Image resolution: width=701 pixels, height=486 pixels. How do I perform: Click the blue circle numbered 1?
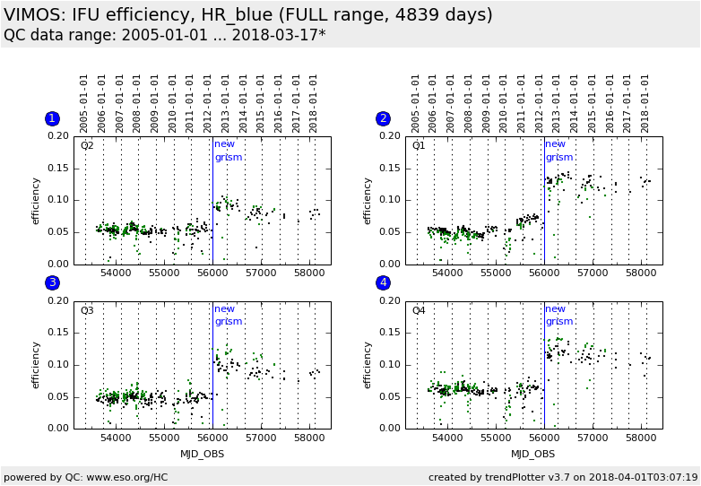52,118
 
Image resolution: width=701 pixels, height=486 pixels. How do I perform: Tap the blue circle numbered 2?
384,118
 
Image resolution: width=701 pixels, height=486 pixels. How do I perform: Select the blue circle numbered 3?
52,283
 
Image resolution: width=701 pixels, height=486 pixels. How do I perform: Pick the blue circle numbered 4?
384,283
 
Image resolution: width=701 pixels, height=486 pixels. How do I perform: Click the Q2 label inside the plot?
87,145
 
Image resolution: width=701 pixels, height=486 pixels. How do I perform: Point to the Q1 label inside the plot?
419,145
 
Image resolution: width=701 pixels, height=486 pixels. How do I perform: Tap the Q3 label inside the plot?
87,310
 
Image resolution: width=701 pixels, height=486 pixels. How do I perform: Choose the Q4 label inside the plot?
419,310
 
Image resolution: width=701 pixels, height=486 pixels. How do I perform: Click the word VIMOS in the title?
30,15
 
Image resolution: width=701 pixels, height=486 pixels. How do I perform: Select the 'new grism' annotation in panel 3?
225,315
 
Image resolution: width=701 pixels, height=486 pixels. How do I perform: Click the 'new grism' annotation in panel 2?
557,151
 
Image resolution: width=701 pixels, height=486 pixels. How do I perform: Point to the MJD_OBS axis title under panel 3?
203,454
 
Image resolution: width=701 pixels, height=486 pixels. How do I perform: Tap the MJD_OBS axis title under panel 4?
534,454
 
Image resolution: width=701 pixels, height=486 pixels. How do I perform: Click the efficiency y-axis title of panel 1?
36,200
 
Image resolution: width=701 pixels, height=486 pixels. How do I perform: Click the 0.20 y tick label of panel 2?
390,136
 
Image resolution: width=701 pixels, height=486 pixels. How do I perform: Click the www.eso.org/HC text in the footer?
117,477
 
